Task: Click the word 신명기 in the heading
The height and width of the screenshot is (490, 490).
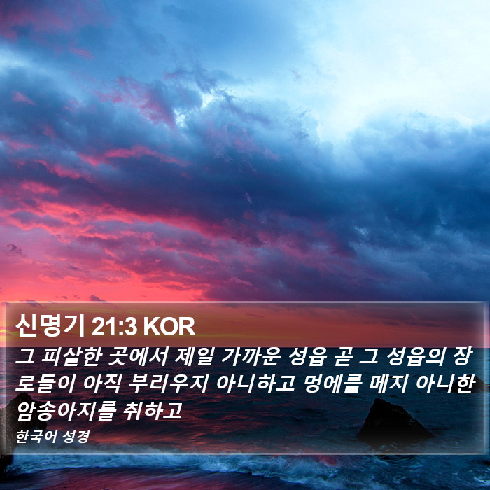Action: pyautogui.click(x=50, y=326)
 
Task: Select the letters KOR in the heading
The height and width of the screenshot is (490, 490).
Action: pyautogui.click(x=169, y=327)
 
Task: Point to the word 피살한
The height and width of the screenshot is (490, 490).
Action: pyautogui.click(x=71, y=357)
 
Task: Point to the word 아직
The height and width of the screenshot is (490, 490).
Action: pyautogui.click(x=101, y=383)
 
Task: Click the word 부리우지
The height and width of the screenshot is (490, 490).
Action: pyautogui.click(x=168, y=383)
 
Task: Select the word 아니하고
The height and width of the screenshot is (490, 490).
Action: pyautogui.click(x=255, y=383)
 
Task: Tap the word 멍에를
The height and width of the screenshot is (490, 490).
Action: pyautogui.click(x=332, y=383)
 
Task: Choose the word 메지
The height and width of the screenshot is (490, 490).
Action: pyautogui.click(x=388, y=383)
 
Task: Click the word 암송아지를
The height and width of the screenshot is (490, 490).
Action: pyautogui.click(x=66, y=410)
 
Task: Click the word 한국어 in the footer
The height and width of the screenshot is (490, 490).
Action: pyautogui.click(x=36, y=436)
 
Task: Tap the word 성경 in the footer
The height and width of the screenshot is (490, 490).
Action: pyautogui.click(x=76, y=436)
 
